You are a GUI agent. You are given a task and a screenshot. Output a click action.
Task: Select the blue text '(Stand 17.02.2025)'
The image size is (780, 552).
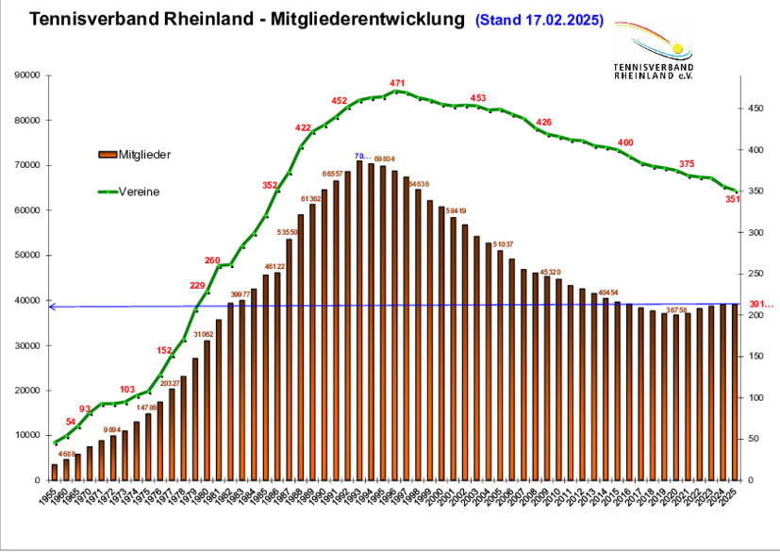tap(539, 19)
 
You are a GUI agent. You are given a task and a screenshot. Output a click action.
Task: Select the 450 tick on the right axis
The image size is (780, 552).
tap(756, 109)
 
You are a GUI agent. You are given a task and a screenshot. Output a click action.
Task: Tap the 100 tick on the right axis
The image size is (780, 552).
tap(756, 398)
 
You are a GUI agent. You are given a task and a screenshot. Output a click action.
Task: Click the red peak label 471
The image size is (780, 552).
tap(397, 84)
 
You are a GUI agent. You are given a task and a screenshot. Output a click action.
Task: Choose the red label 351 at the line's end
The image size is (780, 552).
tap(732, 199)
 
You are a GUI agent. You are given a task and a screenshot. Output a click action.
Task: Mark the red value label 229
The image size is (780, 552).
tap(197, 286)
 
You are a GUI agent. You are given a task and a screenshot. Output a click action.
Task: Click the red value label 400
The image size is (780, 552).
tap(625, 142)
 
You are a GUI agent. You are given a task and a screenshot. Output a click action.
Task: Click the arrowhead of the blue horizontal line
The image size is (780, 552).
tap(53, 307)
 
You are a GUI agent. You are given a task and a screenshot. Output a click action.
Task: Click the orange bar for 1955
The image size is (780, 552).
tap(55, 472)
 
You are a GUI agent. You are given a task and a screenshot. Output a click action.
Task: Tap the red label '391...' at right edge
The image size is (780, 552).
tap(760, 304)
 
